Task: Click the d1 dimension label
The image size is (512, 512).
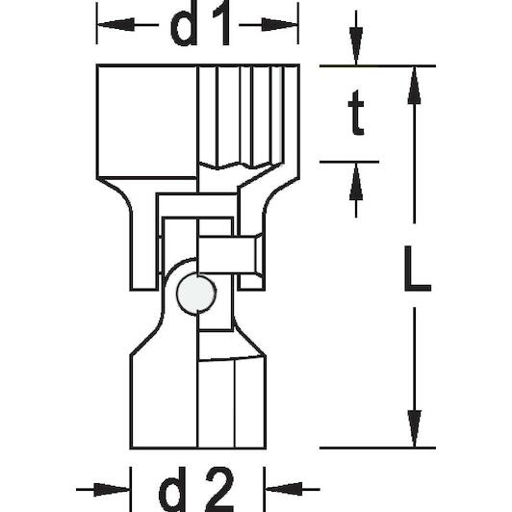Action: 200,23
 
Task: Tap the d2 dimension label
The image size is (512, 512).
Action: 196,490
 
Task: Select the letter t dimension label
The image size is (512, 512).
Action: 356,113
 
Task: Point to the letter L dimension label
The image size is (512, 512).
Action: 418,269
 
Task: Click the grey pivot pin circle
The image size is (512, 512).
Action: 196,294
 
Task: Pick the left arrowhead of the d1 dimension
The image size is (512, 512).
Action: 115,24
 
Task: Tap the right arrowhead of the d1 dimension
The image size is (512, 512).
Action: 279,24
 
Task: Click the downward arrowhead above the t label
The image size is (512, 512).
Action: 356,46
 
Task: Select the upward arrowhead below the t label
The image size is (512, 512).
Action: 356,182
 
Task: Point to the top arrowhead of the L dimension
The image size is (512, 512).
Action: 414,86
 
